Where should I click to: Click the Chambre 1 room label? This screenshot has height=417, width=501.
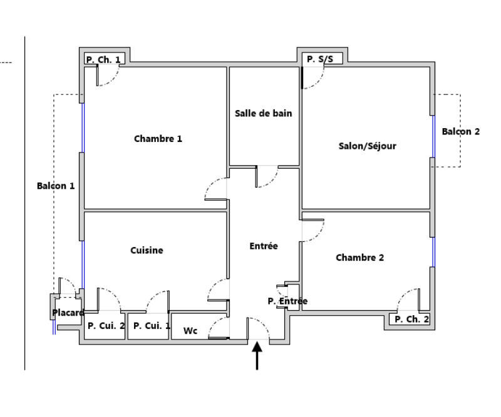click(158, 139)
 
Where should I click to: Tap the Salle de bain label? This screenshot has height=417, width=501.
click(263, 114)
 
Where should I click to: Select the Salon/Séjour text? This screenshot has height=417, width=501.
click(367, 146)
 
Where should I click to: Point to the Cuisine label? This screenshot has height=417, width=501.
click(147, 251)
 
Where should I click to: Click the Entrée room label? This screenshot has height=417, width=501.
click(263, 246)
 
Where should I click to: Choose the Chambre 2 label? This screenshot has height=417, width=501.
click(359, 258)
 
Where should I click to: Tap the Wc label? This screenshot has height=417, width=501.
click(190, 331)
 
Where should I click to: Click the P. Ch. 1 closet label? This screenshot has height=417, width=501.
click(105, 60)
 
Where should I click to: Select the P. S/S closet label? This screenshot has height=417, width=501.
click(320, 60)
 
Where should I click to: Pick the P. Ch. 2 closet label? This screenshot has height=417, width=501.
click(411, 319)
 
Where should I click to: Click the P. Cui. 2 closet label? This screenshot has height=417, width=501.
click(106, 326)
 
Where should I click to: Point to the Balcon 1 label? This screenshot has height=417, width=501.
click(56, 186)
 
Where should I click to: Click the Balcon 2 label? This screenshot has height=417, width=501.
click(460, 131)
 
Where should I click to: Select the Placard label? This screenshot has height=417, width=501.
click(68, 313)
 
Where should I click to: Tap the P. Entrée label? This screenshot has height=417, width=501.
click(287, 301)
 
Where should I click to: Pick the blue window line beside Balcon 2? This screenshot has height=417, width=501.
click(433, 136)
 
